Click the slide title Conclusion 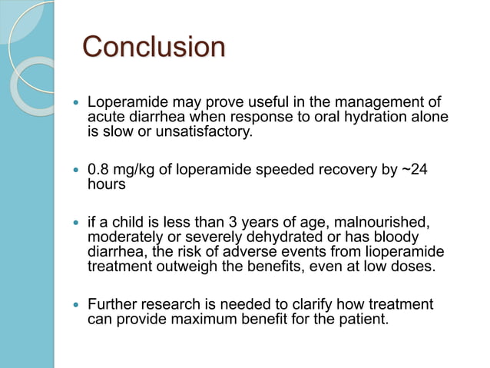(154, 48)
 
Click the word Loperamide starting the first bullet (124, 102)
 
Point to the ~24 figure (413, 170)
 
